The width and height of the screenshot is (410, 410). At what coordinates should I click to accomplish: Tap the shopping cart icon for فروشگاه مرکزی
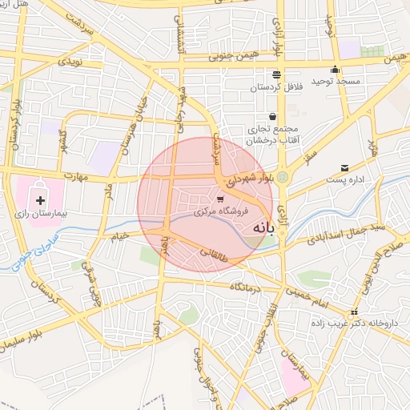pos(220,198)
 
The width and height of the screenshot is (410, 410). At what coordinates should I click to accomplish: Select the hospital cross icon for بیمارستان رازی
pos(41,199)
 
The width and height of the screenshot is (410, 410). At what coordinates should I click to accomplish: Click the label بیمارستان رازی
pos(57,215)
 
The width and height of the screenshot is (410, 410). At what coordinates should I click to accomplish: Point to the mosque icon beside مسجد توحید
pos(335,69)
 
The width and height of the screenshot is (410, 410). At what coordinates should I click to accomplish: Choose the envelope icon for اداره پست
pos(344,167)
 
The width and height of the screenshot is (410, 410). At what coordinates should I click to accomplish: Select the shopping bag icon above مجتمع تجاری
pos(273,116)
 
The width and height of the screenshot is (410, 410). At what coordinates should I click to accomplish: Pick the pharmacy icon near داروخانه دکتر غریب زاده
pos(353,312)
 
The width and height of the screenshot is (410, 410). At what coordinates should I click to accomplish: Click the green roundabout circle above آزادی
pos(283,176)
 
